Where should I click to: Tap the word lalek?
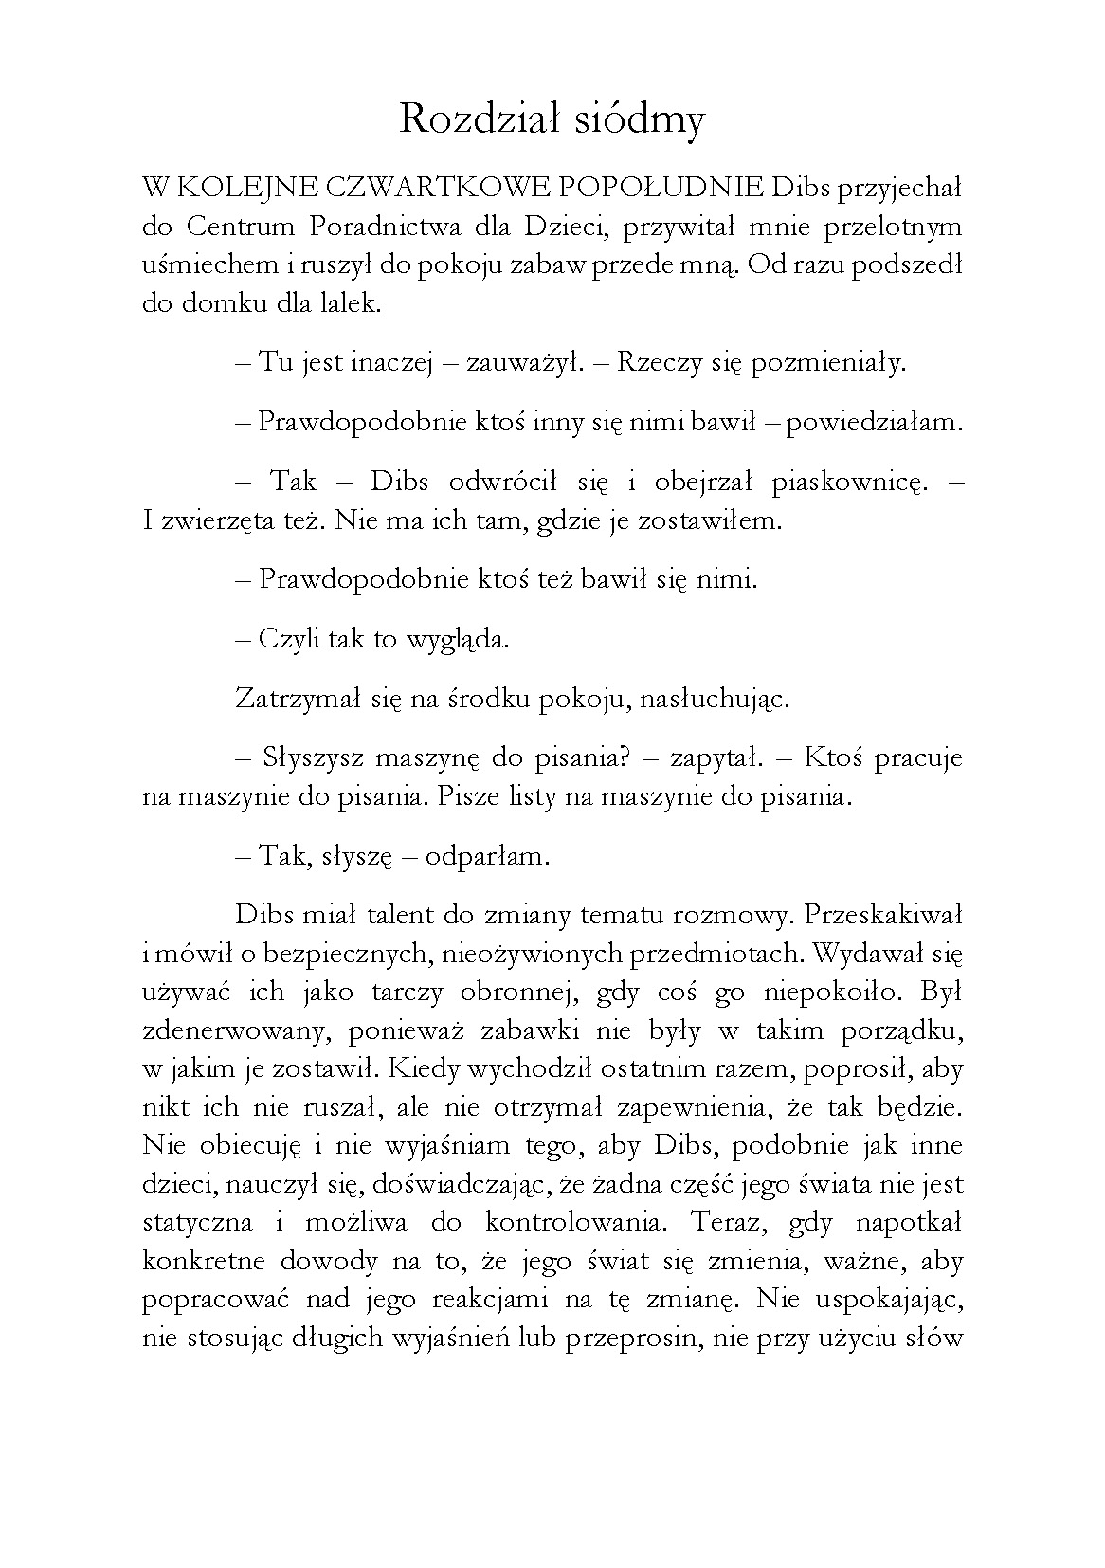(350, 304)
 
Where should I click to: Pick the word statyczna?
(198, 1222)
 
